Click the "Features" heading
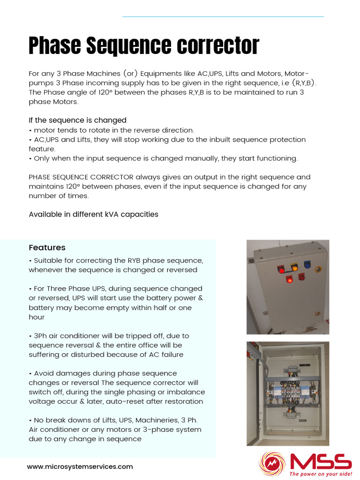pos(47,247)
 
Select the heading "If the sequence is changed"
pos(77,120)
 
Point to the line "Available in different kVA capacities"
pos(93,214)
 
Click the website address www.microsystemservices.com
pos(80,466)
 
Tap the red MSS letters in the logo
pos(321,462)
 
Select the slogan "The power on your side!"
pos(320,474)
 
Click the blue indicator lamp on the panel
pos(307,264)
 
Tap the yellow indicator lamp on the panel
pos(294,267)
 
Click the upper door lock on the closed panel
pos(319,269)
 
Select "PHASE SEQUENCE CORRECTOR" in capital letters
pos(81,177)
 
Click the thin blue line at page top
pos(223,17)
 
